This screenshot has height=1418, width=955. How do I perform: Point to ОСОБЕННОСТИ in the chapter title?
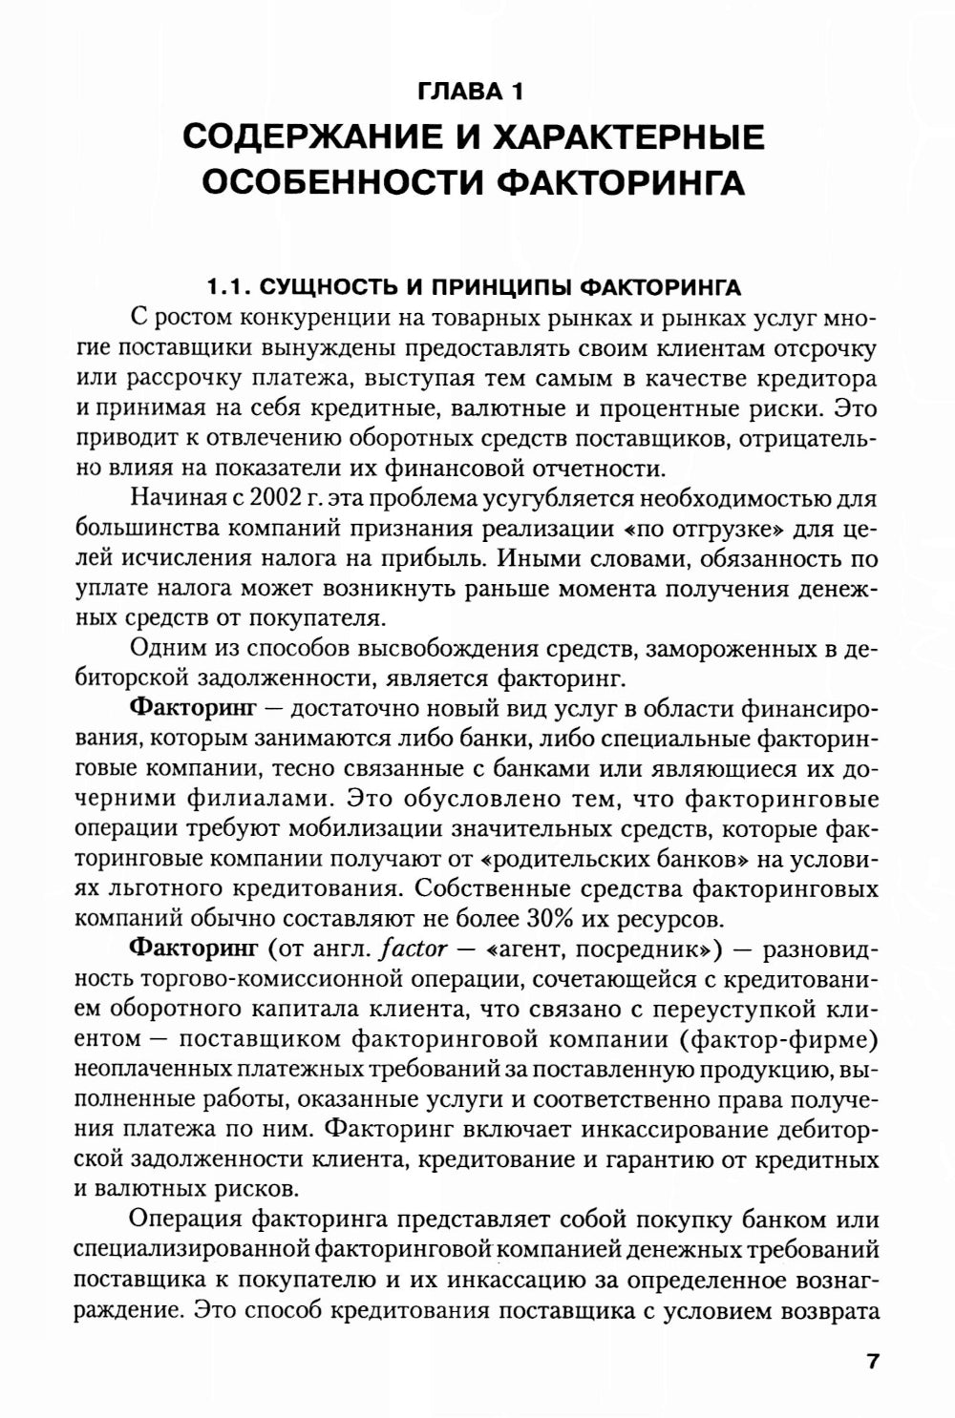(347, 181)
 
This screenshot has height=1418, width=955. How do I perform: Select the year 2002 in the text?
(276, 498)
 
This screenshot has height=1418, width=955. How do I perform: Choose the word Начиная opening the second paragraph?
(175, 498)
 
